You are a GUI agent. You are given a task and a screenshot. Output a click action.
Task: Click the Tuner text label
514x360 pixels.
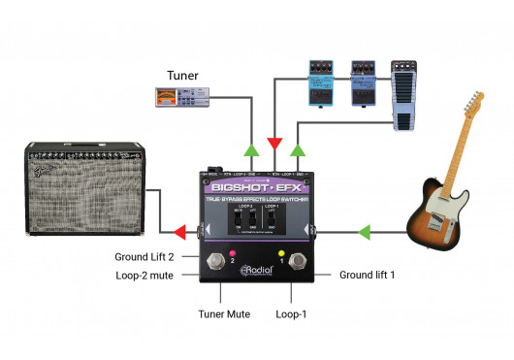tap(183, 75)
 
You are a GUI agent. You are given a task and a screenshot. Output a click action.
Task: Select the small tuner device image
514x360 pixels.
tap(182, 95)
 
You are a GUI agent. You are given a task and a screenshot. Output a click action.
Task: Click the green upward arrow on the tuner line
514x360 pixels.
tap(252, 149)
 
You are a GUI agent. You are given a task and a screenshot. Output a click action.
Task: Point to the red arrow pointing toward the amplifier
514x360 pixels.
tap(179, 232)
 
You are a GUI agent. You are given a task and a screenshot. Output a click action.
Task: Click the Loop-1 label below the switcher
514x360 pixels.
tap(291, 315)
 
